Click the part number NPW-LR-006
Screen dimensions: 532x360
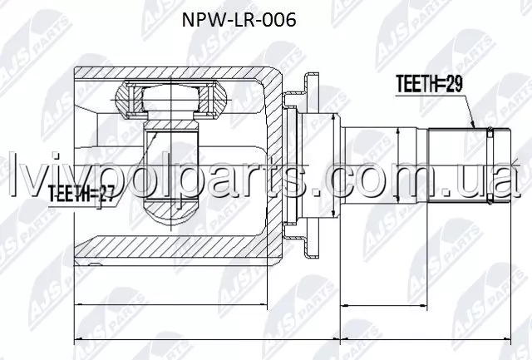239,20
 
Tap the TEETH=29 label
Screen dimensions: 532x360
429,84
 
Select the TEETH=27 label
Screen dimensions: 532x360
81,194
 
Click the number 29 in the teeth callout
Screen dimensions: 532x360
454,84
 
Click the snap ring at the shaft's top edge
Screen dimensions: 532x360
490,133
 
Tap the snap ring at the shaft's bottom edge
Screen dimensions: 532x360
490,200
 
